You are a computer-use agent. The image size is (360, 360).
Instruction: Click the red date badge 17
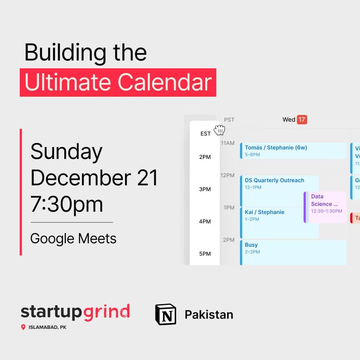pos(302,119)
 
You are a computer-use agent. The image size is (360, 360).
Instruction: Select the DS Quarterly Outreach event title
pos(274,180)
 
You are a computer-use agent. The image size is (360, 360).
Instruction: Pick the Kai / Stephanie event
pos(265,212)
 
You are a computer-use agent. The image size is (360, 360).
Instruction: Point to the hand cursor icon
pos(219,130)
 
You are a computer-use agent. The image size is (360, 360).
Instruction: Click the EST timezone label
pos(205,134)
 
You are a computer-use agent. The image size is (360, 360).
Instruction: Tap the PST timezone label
pos(229,120)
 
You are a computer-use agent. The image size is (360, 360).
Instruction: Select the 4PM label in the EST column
pos(205,221)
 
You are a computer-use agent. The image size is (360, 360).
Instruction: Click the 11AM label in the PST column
pos(227,143)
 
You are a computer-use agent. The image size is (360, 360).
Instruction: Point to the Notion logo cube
pos(166,314)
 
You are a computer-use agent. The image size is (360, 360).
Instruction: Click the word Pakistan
pos(209,314)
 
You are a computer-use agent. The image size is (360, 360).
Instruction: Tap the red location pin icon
pos(23,327)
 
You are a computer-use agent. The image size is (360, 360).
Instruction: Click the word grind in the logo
pos(108,312)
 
